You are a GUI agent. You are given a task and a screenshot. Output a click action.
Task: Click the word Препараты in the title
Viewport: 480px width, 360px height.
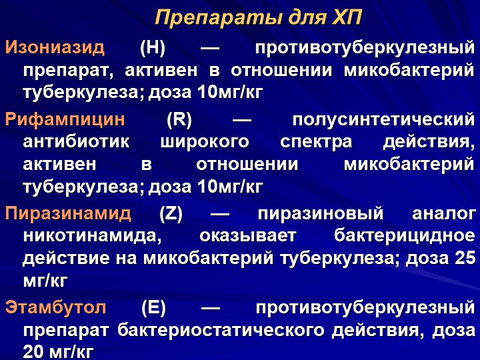click(x=218, y=18)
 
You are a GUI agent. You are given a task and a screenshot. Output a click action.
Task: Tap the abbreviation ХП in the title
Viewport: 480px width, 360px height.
click(x=347, y=17)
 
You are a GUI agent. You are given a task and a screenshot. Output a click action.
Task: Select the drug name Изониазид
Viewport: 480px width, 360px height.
click(x=55, y=48)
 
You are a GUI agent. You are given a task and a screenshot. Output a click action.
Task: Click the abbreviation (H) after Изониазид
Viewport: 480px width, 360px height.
click(x=153, y=49)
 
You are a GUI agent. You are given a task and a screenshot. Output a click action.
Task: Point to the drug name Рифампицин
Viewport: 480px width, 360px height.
click(x=65, y=119)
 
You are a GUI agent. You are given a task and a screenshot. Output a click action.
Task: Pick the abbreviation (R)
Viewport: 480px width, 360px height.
click(x=179, y=119)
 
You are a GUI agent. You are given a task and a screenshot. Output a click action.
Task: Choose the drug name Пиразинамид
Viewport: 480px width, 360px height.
click(x=68, y=213)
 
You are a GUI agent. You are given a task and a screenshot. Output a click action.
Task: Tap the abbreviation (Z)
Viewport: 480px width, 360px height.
click(x=171, y=213)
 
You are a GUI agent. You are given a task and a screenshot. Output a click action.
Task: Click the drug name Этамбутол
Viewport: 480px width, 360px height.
click(x=56, y=307)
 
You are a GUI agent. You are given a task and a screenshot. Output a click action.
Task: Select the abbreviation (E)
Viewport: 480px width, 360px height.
click(x=153, y=308)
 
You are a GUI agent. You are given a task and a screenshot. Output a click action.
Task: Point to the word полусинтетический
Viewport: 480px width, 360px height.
click(x=383, y=120)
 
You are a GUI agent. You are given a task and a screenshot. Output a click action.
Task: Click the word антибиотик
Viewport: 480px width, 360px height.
click(x=76, y=142)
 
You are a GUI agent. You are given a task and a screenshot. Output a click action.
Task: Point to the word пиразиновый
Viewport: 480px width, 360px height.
click(x=321, y=214)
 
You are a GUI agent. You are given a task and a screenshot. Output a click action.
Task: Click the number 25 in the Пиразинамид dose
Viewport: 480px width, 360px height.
click(x=465, y=258)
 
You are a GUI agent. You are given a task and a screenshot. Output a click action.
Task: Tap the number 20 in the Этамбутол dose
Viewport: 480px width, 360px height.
click(x=33, y=352)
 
